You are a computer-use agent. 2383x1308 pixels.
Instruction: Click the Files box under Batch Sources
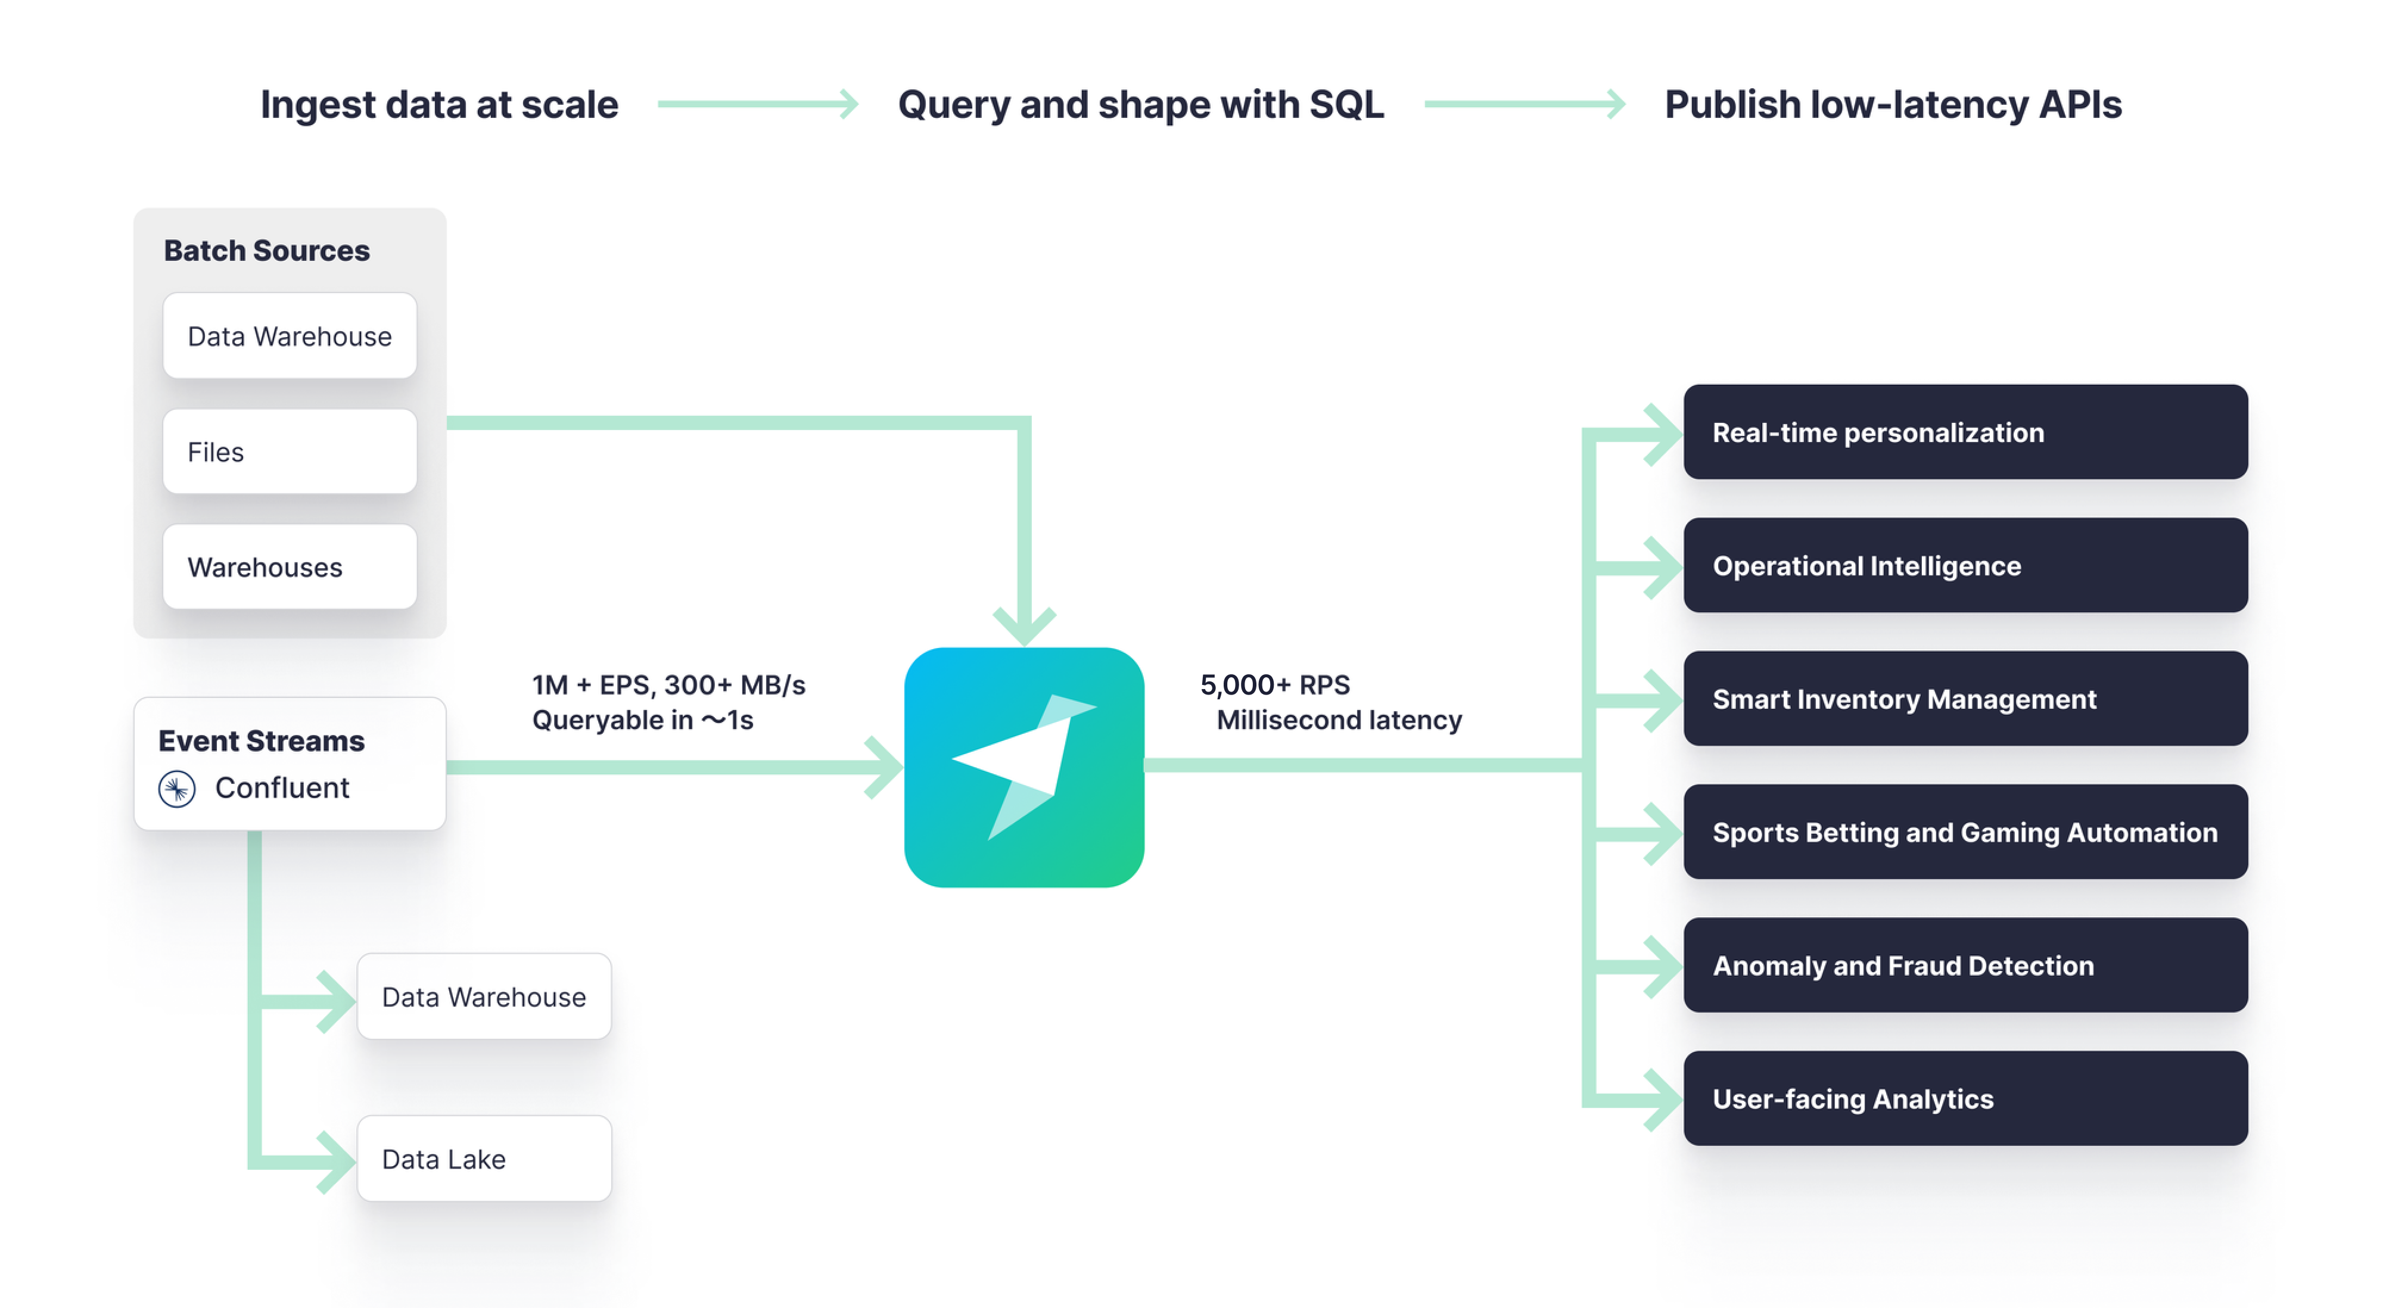pyautogui.click(x=290, y=451)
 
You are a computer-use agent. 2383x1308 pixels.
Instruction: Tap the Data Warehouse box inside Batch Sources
pyautogui.click(x=290, y=336)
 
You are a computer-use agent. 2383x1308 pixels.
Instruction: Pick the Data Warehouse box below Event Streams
pyautogui.click(x=484, y=996)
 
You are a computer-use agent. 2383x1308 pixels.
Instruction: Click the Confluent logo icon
pyautogui.click(x=177, y=789)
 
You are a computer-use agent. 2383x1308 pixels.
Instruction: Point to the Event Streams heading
pyautogui.click(x=261, y=741)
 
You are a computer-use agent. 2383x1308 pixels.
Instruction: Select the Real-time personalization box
pyautogui.click(x=1965, y=432)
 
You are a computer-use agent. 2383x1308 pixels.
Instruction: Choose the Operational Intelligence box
pyautogui.click(x=1965, y=565)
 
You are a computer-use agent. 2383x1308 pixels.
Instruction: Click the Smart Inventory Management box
pyautogui.click(x=1965, y=699)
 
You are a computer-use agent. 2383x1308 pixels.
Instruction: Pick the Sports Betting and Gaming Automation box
pyautogui.click(x=1965, y=831)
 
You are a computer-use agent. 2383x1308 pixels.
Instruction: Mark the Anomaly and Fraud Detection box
pyautogui.click(x=1965, y=965)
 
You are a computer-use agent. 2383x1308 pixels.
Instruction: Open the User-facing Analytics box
pyautogui.click(x=1965, y=1098)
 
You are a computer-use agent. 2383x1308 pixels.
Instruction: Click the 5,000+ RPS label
pyautogui.click(x=1275, y=684)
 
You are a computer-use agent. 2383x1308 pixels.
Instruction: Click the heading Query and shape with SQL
pyautogui.click(x=1141, y=104)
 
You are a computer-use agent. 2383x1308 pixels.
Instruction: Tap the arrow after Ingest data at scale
pyautogui.click(x=758, y=104)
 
